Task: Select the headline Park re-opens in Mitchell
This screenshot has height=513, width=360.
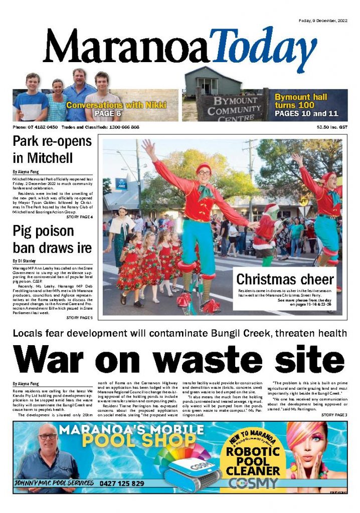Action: pos(52,150)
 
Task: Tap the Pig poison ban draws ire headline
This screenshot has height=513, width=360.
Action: pos(52,239)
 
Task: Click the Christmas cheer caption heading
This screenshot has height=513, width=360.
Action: pos(285,279)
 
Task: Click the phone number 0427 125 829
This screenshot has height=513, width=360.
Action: pos(122,483)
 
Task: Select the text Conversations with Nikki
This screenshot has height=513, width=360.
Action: pos(116,106)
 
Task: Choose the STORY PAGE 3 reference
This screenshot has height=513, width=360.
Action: pos(334,415)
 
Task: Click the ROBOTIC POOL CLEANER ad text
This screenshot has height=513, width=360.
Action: pos(253,461)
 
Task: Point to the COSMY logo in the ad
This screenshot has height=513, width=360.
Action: pos(253,483)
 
